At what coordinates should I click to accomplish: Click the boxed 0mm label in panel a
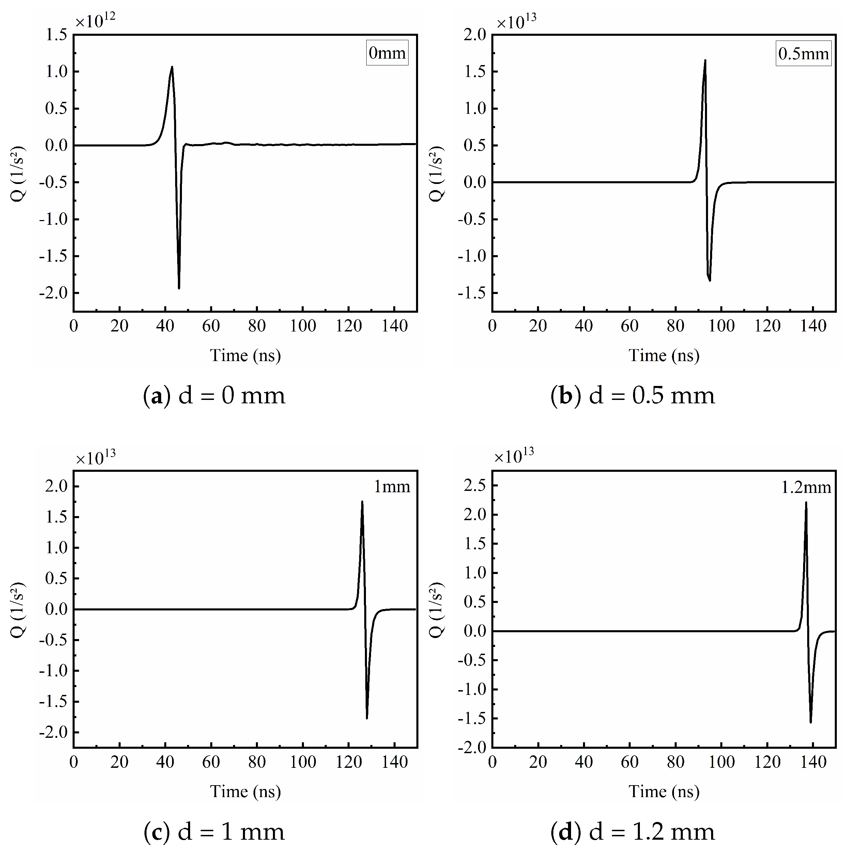(x=387, y=53)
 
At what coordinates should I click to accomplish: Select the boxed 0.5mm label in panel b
(x=803, y=53)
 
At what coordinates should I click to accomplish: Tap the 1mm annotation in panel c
(x=392, y=487)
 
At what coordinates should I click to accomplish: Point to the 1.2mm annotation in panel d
(x=806, y=487)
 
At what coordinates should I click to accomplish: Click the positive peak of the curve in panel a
(x=172, y=67)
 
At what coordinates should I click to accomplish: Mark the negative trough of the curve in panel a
(x=179, y=288)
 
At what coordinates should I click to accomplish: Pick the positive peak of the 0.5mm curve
(x=705, y=61)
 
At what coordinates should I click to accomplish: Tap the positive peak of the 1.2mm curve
(x=806, y=502)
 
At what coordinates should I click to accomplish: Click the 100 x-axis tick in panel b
(x=722, y=326)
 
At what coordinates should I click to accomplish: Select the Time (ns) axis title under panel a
(x=245, y=355)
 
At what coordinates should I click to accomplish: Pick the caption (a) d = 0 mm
(x=214, y=395)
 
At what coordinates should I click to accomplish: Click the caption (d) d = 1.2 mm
(x=632, y=832)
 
